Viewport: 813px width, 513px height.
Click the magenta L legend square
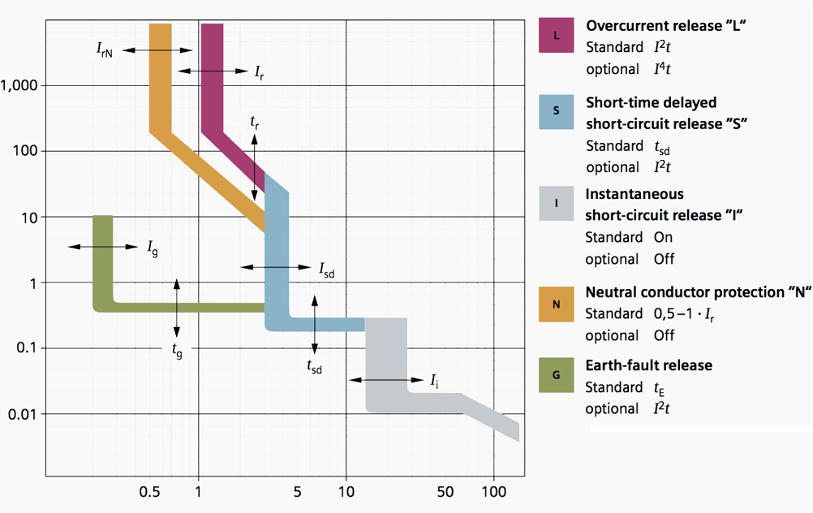[x=556, y=36]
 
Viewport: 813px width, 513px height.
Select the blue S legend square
[x=556, y=112]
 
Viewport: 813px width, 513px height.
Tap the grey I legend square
[x=556, y=204]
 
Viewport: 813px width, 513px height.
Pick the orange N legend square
[x=556, y=304]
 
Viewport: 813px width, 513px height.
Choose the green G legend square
[x=556, y=377]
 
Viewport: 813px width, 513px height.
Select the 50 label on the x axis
[x=445, y=492]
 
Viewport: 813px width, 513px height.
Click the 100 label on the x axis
[x=493, y=492]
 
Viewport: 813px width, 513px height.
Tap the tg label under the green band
[x=177, y=351]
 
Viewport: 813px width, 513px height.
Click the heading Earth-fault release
[x=648, y=365]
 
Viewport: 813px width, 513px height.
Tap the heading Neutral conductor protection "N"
[x=699, y=292]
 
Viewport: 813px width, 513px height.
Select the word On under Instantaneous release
[x=663, y=238]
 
